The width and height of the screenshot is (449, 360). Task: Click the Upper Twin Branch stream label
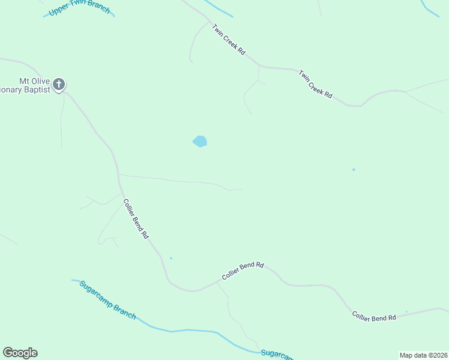tap(80, 8)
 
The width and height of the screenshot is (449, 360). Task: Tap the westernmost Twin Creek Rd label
tap(228, 40)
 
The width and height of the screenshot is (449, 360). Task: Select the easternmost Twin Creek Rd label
tap(316, 83)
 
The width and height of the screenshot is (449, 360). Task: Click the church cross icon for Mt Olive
tap(59, 84)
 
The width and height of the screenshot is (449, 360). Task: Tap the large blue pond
tap(200, 142)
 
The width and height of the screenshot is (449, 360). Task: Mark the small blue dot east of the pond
tap(354, 170)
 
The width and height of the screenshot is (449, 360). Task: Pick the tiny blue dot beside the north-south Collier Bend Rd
tap(171, 258)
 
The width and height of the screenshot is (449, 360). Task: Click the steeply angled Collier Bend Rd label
tap(136, 220)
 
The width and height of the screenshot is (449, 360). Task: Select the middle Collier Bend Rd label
tap(243, 271)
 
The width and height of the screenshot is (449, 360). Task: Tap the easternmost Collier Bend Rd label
tap(374, 317)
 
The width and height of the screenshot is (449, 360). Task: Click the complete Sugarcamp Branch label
tap(108, 300)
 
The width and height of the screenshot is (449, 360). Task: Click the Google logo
tap(20, 353)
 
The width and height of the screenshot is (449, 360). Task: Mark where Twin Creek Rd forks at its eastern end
tap(406, 92)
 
